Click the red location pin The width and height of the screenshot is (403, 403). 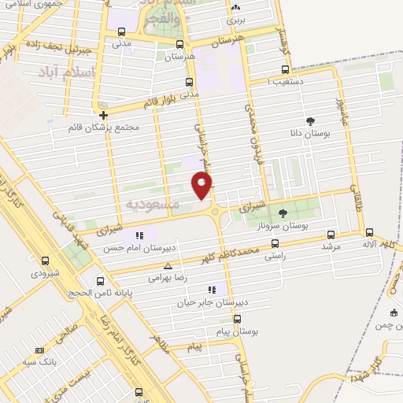[202, 185]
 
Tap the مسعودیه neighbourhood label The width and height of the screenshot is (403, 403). [153, 204]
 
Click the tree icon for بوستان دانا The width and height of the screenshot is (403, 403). [311, 121]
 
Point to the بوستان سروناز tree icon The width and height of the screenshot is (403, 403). [283, 213]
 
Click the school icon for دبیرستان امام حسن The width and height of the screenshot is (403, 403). [140, 235]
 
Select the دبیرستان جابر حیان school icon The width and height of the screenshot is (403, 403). [210, 290]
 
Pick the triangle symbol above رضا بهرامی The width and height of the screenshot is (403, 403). [168, 267]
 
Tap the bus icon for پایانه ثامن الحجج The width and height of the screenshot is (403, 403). [100, 280]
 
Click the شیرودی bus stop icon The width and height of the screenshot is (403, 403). [45, 261]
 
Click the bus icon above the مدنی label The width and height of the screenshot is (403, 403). [120, 32]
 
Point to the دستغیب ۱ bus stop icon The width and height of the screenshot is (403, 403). [285, 69]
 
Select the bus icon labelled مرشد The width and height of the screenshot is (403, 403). [330, 234]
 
